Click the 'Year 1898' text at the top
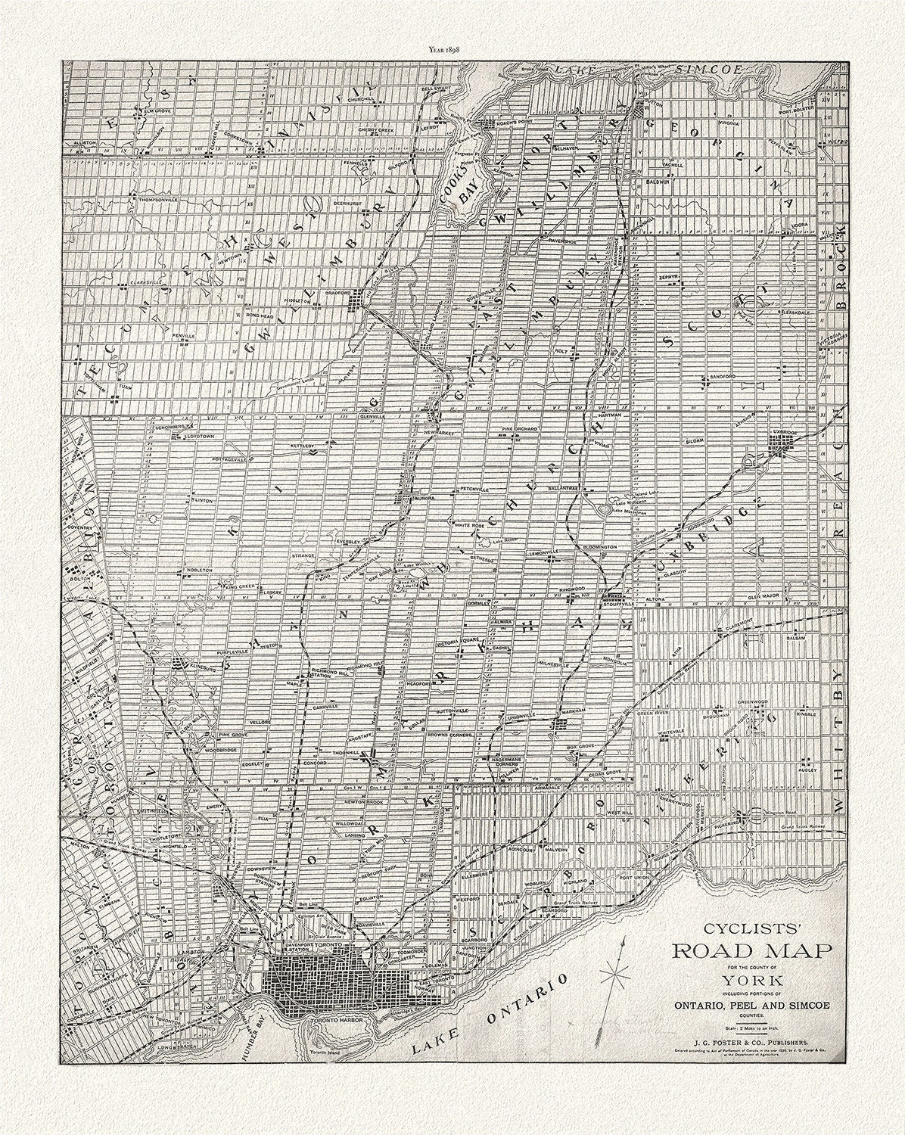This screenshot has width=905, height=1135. tap(451, 51)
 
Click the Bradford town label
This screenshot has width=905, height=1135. tap(340, 292)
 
